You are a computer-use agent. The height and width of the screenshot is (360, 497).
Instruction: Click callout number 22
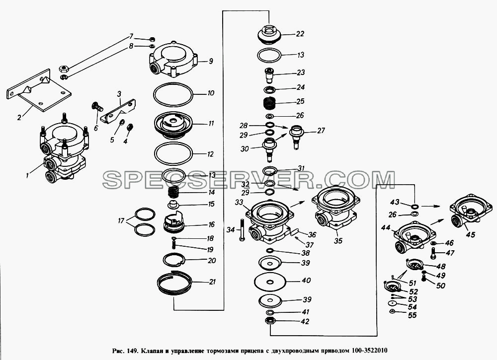tap(300, 34)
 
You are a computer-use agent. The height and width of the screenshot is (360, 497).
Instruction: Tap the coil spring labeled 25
tap(269, 103)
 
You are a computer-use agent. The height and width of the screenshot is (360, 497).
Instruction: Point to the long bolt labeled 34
tap(242, 230)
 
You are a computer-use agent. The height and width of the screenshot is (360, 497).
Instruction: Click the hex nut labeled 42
tap(270, 320)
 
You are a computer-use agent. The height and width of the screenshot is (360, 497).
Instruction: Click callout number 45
tap(470, 234)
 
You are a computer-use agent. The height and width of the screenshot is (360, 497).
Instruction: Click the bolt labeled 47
tap(433, 252)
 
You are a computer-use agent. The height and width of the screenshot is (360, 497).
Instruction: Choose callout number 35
tap(338, 241)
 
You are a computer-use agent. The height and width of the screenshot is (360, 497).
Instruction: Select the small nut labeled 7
tap(152, 39)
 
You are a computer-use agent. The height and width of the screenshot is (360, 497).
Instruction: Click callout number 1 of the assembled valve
tap(28, 175)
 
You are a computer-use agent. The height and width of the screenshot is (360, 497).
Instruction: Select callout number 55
tap(412, 315)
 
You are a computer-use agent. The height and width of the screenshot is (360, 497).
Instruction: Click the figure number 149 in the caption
tap(132, 351)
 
